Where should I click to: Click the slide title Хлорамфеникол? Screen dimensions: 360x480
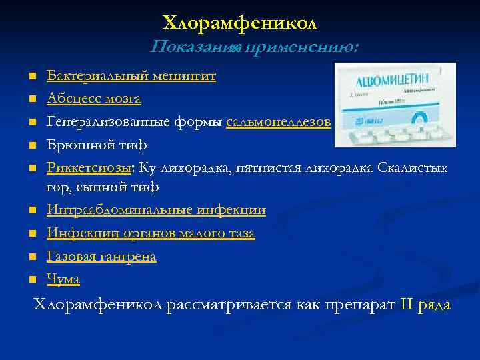(x=240, y=23)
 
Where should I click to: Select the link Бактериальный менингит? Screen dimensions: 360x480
(x=131, y=76)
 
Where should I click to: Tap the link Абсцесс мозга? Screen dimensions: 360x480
(x=93, y=99)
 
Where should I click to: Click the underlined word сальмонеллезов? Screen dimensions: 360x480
(x=278, y=122)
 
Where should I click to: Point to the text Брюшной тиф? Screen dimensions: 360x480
(x=97, y=145)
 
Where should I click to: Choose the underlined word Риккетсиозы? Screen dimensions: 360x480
(x=87, y=167)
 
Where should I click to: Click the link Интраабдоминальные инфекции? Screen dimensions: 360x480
(x=156, y=211)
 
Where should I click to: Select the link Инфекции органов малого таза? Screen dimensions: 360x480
(x=151, y=233)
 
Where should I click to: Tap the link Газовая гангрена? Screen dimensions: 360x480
(x=101, y=257)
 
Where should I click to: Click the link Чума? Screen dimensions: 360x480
(x=63, y=279)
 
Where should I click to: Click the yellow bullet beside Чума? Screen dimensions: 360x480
(x=31, y=280)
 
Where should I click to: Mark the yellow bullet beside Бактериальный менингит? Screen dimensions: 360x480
(x=31, y=77)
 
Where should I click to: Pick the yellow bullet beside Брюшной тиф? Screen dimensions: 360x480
(x=31, y=145)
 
